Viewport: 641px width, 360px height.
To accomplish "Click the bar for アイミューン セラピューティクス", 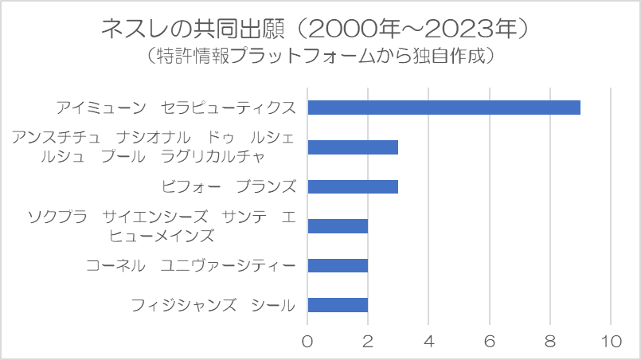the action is pyautogui.click(x=444, y=108).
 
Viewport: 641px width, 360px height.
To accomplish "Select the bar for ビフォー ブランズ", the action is pyautogui.click(x=353, y=186).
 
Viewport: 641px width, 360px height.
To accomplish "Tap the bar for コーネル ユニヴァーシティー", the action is pyautogui.click(x=338, y=265).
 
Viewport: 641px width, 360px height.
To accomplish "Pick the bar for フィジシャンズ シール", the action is pyautogui.click(x=338, y=305).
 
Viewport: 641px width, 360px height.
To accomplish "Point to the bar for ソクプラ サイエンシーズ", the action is pyautogui.click(x=338, y=226).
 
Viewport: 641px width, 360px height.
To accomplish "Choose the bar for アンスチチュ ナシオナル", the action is pyautogui.click(x=353, y=147).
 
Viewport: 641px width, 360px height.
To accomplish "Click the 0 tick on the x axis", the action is pyautogui.click(x=307, y=341).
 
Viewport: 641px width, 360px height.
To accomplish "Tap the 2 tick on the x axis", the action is pyautogui.click(x=368, y=341).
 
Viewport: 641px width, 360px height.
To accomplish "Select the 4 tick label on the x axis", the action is pyautogui.click(x=429, y=341).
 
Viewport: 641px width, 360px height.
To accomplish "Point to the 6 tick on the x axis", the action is pyautogui.click(x=490, y=341).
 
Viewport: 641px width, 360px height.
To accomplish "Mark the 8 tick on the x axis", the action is pyautogui.click(x=550, y=341).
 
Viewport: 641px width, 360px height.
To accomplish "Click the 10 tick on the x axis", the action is pyautogui.click(x=612, y=341).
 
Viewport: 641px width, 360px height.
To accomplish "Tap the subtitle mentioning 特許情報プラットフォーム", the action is pyautogui.click(x=319, y=56).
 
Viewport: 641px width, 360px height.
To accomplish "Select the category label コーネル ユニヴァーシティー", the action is pyautogui.click(x=190, y=266).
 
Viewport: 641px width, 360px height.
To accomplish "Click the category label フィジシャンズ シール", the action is pyautogui.click(x=213, y=306).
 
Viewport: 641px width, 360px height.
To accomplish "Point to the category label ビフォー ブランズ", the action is pyautogui.click(x=229, y=186).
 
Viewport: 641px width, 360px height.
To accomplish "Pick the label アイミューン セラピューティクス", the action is pyautogui.click(x=176, y=108).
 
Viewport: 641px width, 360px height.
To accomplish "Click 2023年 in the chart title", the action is pyautogui.click(x=470, y=29).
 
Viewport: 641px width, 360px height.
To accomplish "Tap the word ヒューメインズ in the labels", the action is pyautogui.click(x=162, y=236).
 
